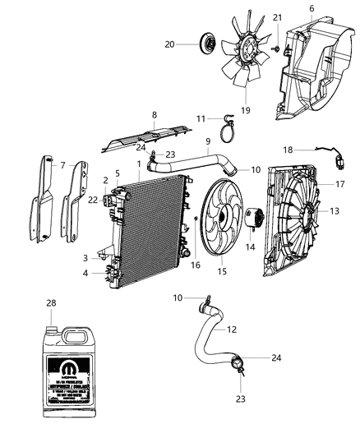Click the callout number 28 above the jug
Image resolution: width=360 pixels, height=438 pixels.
pos(53,304)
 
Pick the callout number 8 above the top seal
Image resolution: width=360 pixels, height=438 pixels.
pos(154,116)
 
